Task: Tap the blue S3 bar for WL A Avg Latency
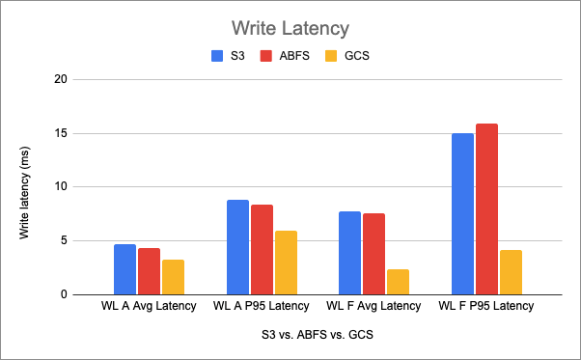tap(124, 269)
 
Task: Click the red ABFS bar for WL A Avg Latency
tap(149, 271)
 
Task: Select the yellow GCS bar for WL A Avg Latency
tap(173, 277)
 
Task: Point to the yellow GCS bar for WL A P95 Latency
tap(286, 263)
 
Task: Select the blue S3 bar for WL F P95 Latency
tap(462, 213)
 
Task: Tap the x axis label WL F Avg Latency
tap(373, 306)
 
